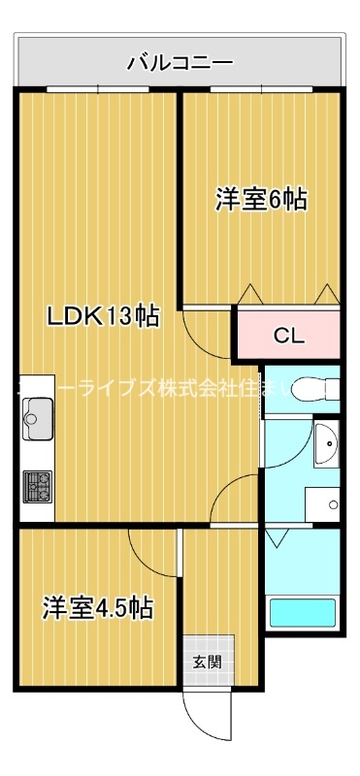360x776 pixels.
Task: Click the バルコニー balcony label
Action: coord(180,64)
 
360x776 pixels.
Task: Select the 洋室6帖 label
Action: coord(261,200)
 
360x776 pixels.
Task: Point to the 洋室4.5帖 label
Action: coord(97,609)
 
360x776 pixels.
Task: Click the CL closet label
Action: coord(289,337)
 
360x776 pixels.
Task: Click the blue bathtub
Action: coord(302,613)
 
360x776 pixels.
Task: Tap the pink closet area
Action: coord(287,337)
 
